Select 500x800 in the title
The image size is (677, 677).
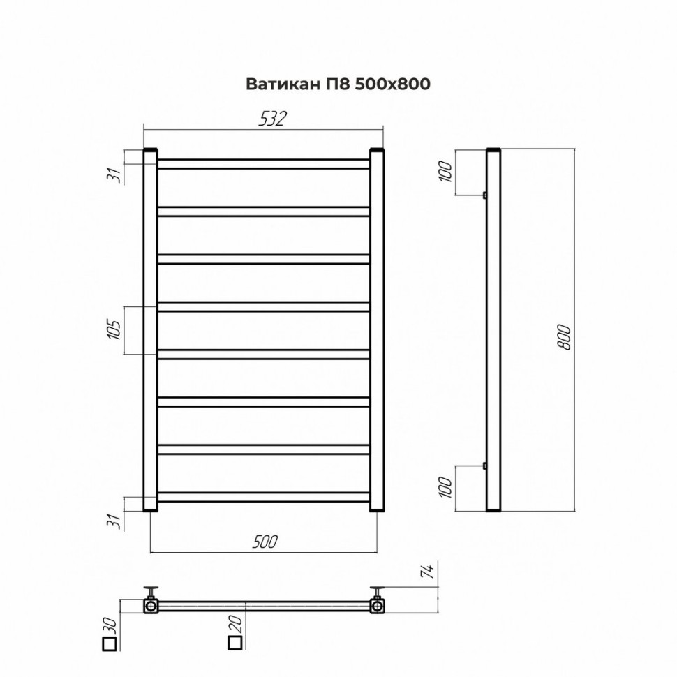point(392,84)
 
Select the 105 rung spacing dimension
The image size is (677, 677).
point(117,331)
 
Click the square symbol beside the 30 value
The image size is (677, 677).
point(108,643)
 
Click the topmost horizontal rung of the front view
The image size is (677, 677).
point(264,164)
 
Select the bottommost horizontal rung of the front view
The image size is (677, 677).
point(264,497)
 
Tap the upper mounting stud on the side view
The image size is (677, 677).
point(484,195)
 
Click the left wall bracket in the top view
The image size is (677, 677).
point(151,602)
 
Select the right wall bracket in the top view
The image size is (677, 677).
point(378,602)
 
